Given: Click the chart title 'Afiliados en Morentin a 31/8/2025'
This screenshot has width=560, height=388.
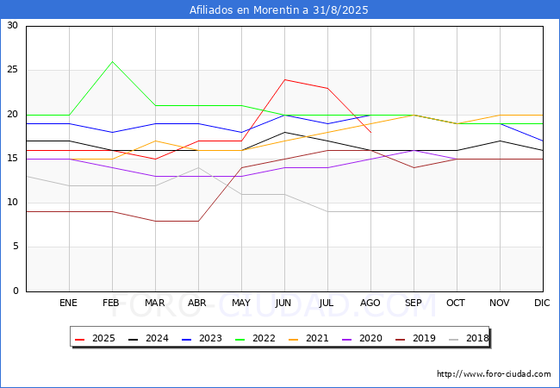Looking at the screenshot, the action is pos(278,9).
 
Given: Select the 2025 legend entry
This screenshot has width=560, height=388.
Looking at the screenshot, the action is pos(95,338).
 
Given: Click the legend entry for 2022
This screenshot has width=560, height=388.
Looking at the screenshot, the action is pos(255,338).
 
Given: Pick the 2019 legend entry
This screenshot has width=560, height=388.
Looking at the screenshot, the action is pos(415,338).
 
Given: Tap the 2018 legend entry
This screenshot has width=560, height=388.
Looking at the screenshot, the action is pos(469,338).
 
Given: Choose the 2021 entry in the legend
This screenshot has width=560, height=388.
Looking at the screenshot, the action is pos(308,338).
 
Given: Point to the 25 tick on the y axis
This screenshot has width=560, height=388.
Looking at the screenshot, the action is pos(12,69).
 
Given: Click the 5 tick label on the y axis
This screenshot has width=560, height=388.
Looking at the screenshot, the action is pos(15,247).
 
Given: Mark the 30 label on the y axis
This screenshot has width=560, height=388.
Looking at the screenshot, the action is pos(12,25).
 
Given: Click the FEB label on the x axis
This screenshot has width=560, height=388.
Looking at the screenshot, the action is pos(111,303).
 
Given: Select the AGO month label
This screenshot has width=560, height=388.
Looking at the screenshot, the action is pos(370,303).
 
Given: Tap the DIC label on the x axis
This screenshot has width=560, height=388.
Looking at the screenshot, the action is pos(542,303).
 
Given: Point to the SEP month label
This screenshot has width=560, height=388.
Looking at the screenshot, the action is pos(414,303).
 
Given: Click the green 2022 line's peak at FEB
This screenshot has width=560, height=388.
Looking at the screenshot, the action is pos(113,61).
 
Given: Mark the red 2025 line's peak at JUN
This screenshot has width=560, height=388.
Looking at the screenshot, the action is pos(284,79).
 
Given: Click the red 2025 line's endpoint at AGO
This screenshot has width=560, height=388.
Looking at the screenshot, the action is pos(371,133).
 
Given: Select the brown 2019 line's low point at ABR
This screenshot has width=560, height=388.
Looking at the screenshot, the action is pos(198,221).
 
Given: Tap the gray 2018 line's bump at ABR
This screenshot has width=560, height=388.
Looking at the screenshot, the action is pos(198,167).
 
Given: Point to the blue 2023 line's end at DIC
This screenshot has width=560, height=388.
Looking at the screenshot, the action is pos(543,141).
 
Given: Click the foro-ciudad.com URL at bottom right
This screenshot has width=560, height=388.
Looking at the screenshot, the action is pos(494,373).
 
